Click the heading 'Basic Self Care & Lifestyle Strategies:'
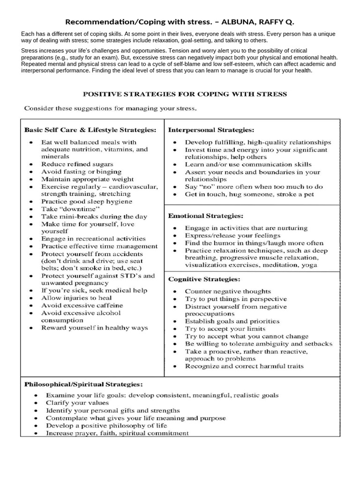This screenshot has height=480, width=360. [90, 129]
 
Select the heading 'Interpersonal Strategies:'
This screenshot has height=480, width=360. [211, 129]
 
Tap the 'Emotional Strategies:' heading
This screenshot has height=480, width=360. [206, 216]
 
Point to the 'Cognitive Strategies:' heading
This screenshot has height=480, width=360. [204, 279]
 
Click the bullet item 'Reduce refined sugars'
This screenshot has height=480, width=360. [77, 164]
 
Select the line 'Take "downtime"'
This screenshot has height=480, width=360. [71, 209]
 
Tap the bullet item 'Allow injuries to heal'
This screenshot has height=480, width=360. [76, 298]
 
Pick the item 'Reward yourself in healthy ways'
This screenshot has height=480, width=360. [94, 328]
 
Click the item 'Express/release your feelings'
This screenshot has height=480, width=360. [232, 235]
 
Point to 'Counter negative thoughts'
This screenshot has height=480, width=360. [227, 291]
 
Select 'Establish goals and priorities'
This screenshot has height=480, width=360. [232, 321]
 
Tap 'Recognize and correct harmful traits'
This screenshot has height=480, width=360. [244, 366]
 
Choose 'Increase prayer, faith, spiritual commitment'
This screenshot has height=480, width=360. [117, 433]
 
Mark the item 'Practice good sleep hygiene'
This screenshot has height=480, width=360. [87, 202]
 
